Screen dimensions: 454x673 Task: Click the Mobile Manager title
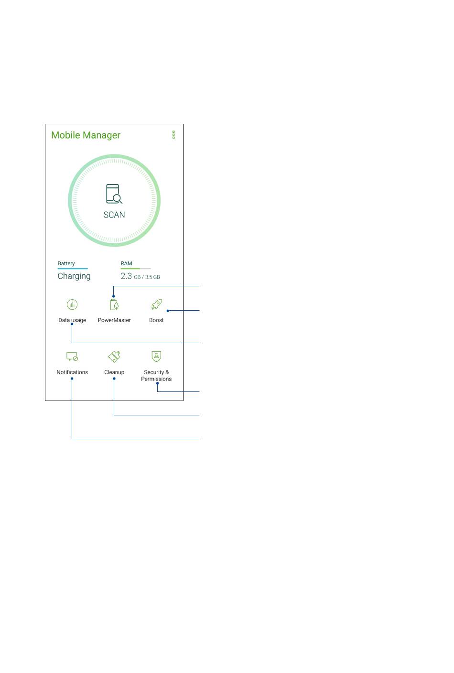(86, 135)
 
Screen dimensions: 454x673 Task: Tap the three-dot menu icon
(173, 135)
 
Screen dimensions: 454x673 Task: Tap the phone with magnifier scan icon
(114, 194)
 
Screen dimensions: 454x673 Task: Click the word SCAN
(114, 215)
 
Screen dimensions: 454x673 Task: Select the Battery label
(66, 263)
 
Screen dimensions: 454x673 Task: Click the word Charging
(74, 276)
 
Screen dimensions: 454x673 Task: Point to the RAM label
(126, 263)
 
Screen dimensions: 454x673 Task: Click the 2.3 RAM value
(126, 276)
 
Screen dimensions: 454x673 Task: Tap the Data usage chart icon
(72, 304)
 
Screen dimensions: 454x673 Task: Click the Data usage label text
(72, 320)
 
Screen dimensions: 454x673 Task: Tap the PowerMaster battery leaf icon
(114, 304)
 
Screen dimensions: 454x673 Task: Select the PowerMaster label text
(114, 320)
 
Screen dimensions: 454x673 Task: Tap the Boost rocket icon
(157, 304)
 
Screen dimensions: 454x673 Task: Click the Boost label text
(156, 320)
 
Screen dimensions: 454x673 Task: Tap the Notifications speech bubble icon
(72, 357)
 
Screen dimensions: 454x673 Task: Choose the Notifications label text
(72, 372)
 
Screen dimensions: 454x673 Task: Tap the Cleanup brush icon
(114, 357)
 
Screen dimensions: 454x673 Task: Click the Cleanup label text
(114, 372)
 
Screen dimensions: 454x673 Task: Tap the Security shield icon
(156, 356)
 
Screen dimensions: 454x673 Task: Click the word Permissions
(156, 379)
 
